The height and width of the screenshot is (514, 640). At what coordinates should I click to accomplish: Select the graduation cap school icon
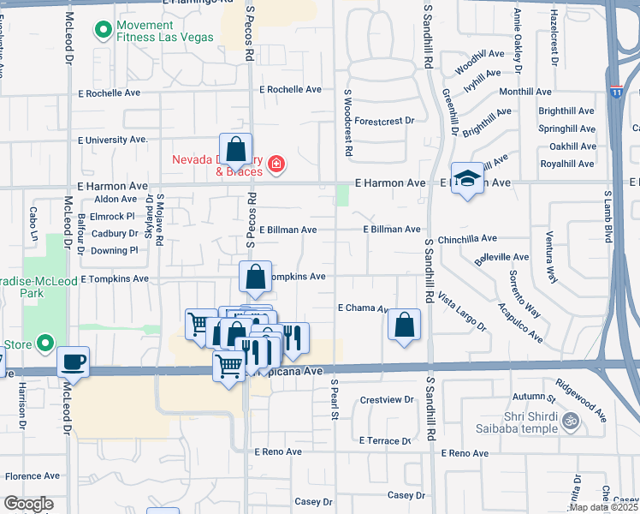tap(466, 179)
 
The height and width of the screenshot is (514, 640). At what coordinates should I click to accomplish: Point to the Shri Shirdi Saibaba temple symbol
tap(569, 421)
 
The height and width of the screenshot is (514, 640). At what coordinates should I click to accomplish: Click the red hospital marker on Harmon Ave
tap(276, 164)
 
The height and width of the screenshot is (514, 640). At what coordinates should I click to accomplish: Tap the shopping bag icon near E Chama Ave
tap(404, 325)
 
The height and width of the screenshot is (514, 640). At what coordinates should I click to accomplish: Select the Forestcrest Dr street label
tap(384, 122)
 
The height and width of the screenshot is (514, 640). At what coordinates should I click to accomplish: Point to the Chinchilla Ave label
tap(467, 239)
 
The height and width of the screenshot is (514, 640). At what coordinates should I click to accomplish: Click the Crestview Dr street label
tap(387, 399)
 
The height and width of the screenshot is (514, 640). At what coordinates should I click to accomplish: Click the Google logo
tap(28, 504)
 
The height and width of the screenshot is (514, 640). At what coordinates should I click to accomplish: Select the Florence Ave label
tap(32, 476)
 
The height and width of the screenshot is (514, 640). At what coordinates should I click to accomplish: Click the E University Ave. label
tap(113, 139)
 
